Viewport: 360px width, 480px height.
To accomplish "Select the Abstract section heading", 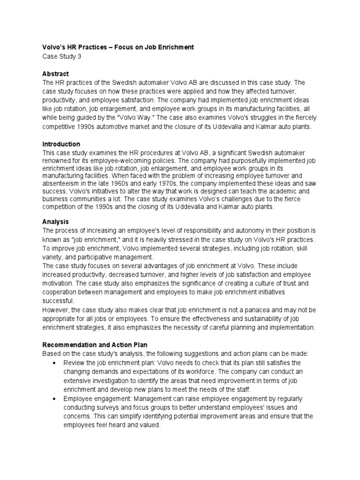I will [x=55, y=74].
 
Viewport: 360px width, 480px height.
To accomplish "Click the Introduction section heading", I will [x=61, y=144].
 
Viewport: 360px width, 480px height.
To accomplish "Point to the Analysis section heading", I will [x=55, y=221].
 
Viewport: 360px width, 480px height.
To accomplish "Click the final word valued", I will [x=149, y=425].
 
